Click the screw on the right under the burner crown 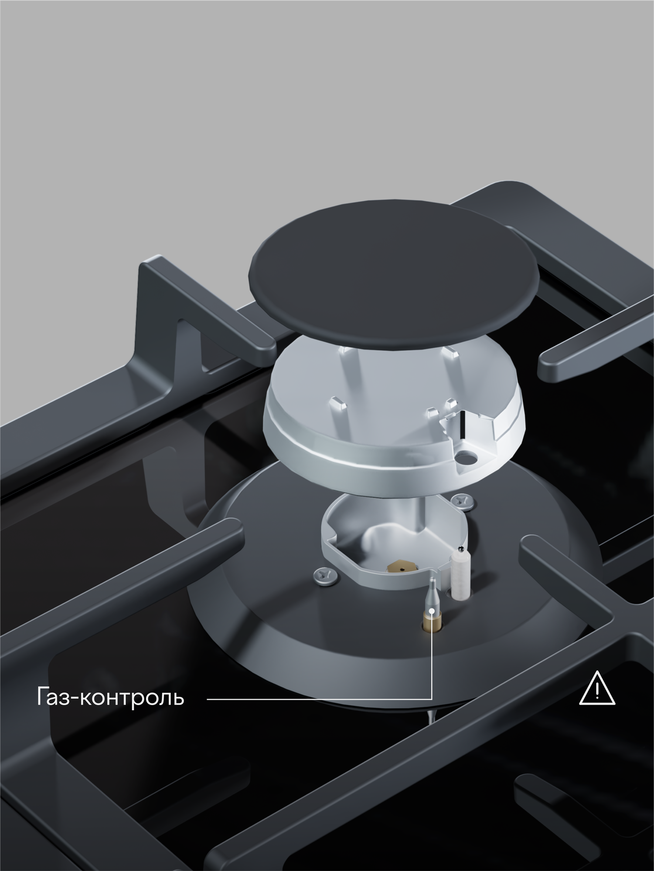[463, 501]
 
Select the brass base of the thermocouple [431, 622]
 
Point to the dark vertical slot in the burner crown [461, 425]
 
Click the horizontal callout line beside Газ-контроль [318, 699]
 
